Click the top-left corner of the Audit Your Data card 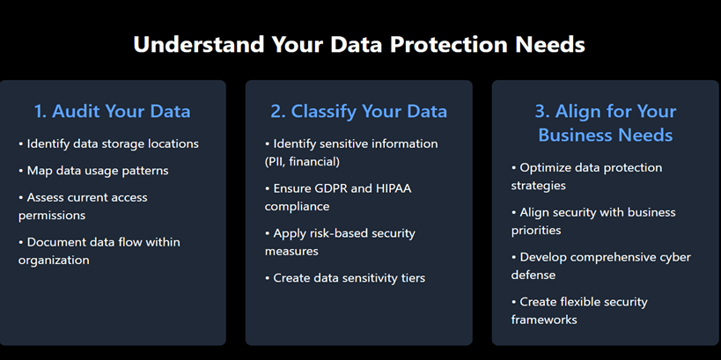0,80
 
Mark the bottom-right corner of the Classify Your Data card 473,345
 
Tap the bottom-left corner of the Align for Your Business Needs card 492,345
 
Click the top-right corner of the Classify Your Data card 473,80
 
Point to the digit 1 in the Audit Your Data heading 39,111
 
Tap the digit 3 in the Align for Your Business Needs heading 541,111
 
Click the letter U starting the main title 141,45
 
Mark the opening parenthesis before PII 267,162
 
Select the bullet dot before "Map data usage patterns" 21,171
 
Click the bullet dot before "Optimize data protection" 513,168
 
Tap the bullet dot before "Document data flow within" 21,243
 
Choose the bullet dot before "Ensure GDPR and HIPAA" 267,189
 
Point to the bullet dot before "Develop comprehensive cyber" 513,258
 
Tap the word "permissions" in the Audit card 52,216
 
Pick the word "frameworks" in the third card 544,320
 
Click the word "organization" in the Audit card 54,261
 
